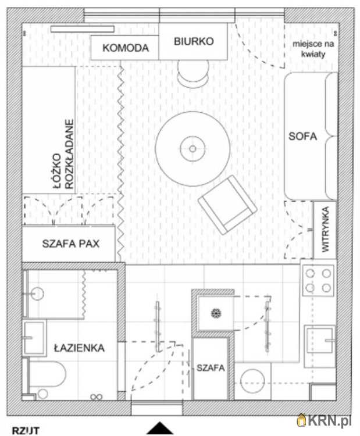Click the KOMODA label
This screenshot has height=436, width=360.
pos(126,48)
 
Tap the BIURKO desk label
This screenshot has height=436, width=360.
pos(194,41)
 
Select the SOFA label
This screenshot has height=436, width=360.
pos(302,136)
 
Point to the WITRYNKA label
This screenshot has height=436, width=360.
pos(325,230)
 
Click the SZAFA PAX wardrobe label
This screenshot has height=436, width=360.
pos(71,244)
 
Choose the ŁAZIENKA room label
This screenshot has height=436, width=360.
pos(79,348)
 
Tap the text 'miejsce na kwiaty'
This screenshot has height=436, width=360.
pos(313,49)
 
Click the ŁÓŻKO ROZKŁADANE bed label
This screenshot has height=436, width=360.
pos(64,155)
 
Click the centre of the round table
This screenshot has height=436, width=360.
pos(193,149)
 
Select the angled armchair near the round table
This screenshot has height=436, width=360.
pos(227,205)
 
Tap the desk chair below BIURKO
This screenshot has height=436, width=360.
pos(194,73)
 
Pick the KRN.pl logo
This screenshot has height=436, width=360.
pos(324,420)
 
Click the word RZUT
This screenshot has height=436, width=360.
pos(26,431)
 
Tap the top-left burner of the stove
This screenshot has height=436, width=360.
pos(310,273)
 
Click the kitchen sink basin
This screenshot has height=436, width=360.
pos(320,341)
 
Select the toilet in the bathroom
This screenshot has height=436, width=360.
pos(45,377)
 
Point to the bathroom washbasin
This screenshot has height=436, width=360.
pos(34,338)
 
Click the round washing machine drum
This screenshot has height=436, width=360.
pos(252,381)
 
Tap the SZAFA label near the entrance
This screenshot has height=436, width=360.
pos(211,368)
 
